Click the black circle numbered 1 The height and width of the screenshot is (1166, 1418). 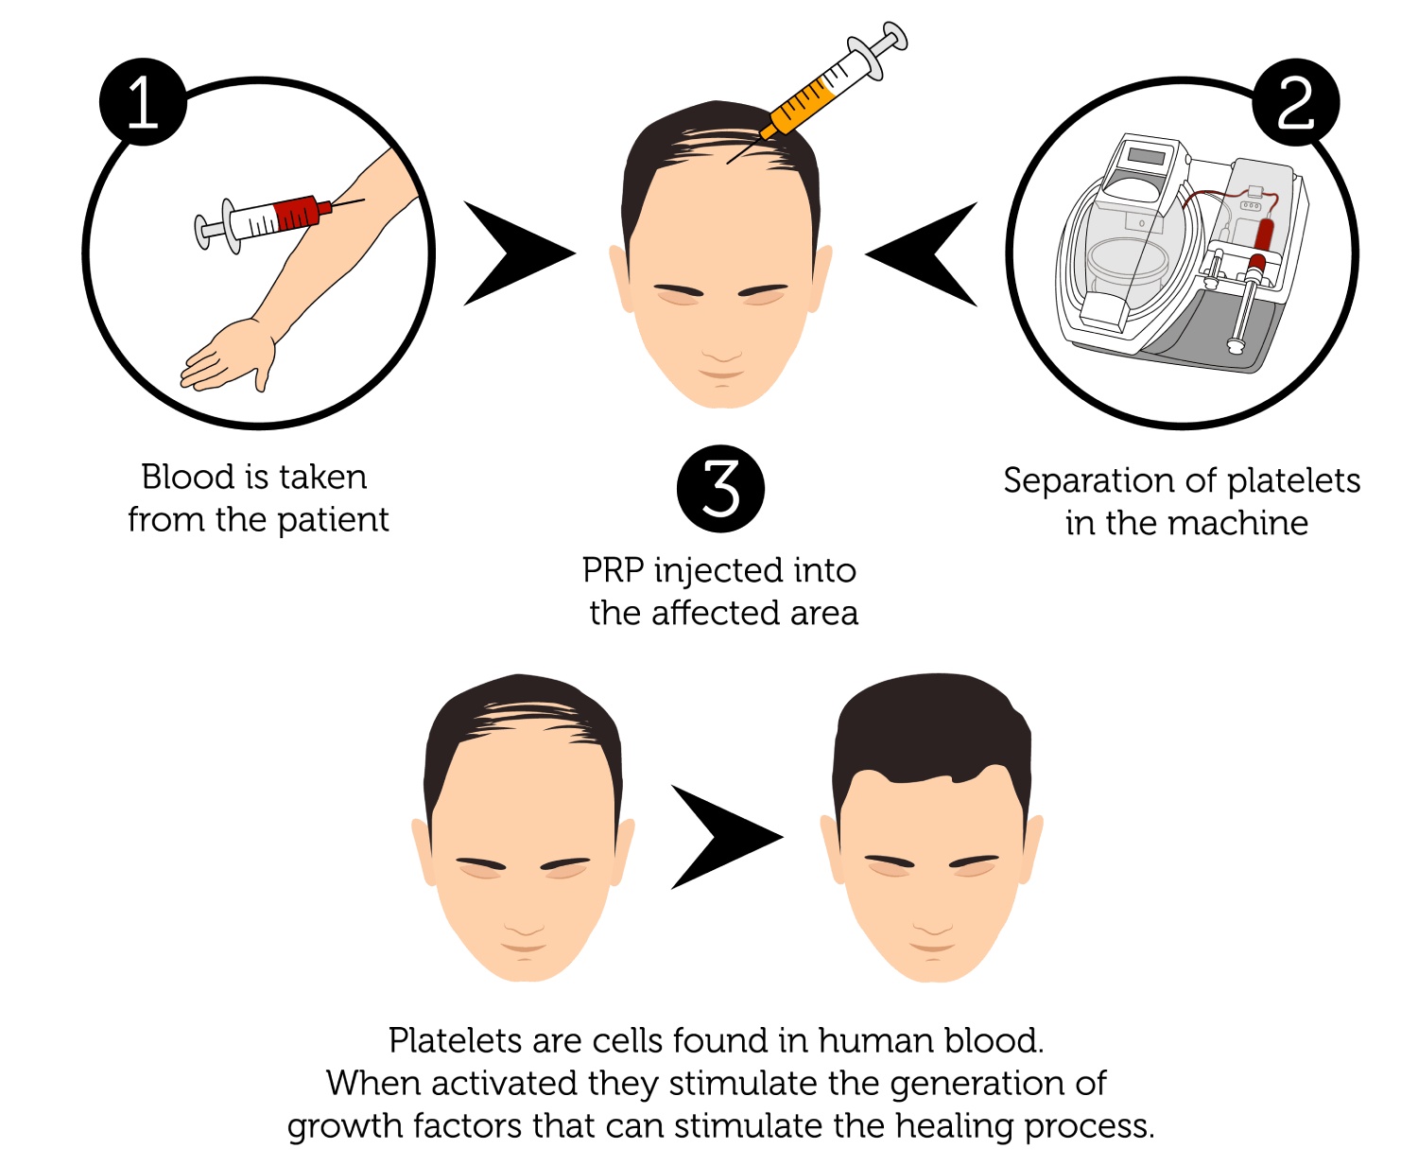(x=143, y=102)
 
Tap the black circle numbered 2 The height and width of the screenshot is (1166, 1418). (x=1295, y=102)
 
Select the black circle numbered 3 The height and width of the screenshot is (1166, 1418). (x=720, y=489)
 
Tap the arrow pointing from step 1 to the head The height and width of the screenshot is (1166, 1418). (x=519, y=253)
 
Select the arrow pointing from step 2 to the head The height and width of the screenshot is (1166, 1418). (x=921, y=253)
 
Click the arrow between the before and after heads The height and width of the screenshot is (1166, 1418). (x=727, y=837)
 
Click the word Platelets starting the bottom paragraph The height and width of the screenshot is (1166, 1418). (x=457, y=1041)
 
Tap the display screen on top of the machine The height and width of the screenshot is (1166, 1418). (x=1147, y=157)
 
